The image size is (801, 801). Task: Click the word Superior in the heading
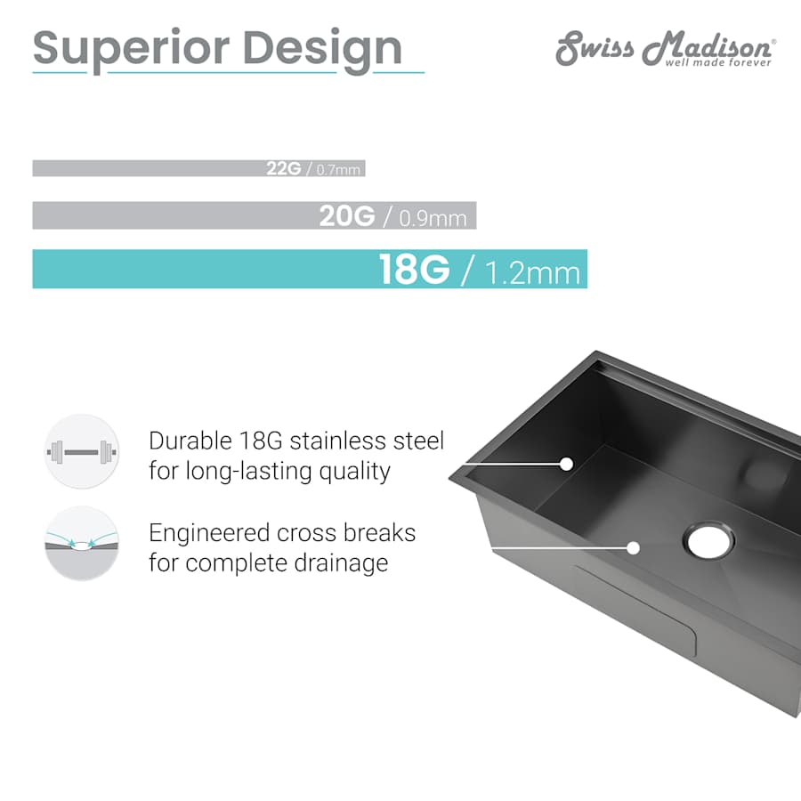pyautogui.click(x=131, y=50)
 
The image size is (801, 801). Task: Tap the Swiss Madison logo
pyautogui.click(x=666, y=49)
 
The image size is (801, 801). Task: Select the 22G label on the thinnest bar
pyautogui.click(x=284, y=168)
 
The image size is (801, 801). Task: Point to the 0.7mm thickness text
pyautogui.click(x=338, y=170)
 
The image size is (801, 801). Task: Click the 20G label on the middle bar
pyautogui.click(x=347, y=215)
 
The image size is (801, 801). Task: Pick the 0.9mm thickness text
pyautogui.click(x=433, y=219)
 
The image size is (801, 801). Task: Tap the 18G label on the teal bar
pyautogui.click(x=414, y=269)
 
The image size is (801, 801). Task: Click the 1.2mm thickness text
pyautogui.click(x=532, y=273)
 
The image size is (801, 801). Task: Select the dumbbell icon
pyautogui.click(x=82, y=451)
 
